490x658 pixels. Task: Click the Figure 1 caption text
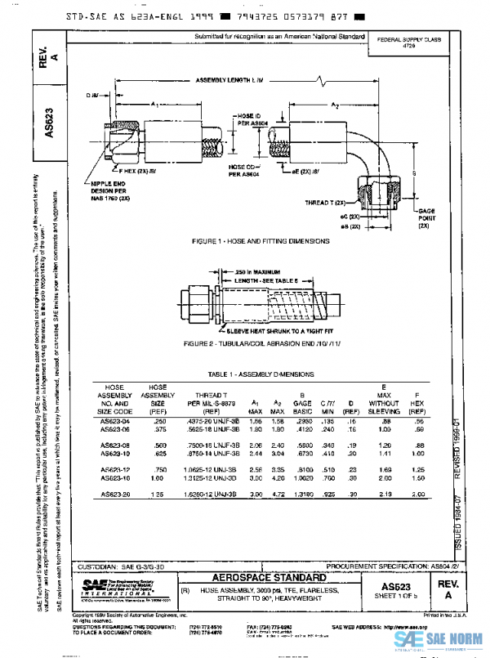pos(261,242)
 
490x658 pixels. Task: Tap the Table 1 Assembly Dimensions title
pos(261,373)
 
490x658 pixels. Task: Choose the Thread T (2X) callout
pos(327,201)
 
